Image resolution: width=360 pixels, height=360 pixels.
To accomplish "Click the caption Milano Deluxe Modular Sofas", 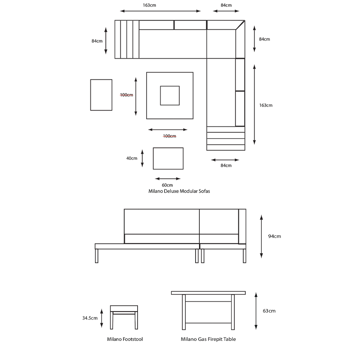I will pyautogui.click(x=179, y=191).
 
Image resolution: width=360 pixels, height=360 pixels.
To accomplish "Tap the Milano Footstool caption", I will pyautogui.click(x=125, y=339).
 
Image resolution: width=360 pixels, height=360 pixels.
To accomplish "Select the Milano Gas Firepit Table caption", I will pyautogui.click(x=208, y=339).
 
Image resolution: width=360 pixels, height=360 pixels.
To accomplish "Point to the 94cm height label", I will pyautogui.click(x=274, y=237).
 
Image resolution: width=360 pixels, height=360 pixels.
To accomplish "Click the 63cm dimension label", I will pyautogui.click(x=269, y=311).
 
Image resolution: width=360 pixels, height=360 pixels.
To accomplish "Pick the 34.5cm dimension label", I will pyautogui.click(x=90, y=318).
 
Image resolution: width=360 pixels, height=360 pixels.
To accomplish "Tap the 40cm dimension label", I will pyautogui.click(x=132, y=158).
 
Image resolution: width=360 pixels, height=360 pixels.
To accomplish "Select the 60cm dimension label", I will pyautogui.click(x=167, y=185).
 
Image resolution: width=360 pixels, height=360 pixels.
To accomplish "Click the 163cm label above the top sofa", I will pyautogui.click(x=149, y=5).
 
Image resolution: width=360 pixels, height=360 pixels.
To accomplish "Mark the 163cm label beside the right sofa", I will pyautogui.click(x=266, y=105).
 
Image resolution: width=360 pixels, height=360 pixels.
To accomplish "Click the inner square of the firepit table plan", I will pyautogui.click(x=170, y=95).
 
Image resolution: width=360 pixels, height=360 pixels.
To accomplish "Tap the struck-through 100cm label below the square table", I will pyautogui.click(x=170, y=136).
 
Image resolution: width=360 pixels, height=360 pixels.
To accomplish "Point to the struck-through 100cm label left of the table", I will pyautogui.click(x=126, y=95).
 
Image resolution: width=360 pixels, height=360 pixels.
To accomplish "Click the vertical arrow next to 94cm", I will pyautogui.click(x=261, y=237).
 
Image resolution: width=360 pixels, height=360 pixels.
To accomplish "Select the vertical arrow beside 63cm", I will pyautogui.click(x=256, y=311).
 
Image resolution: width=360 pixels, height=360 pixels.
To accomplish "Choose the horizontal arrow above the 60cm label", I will pyautogui.click(x=168, y=179).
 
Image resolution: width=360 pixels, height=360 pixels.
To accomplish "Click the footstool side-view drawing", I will pyautogui.click(x=124, y=317).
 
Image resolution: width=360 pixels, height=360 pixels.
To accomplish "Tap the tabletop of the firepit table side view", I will pyautogui.click(x=208, y=293).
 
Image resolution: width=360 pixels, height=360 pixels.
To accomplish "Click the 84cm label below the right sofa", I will pyautogui.click(x=226, y=166).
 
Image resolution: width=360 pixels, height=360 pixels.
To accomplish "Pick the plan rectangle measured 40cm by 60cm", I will pyautogui.click(x=168, y=158).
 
